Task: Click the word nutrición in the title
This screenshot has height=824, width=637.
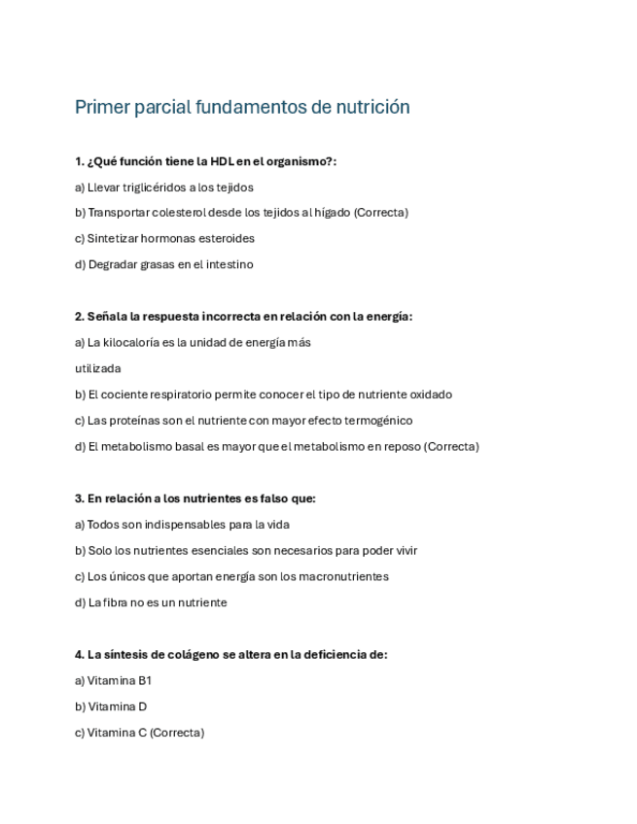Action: pyautogui.click(x=372, y=107)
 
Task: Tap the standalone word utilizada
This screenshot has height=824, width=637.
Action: pyautogui.click(x=98, y=369)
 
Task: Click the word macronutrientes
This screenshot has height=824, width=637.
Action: pyautogui.click(x=344, y=577)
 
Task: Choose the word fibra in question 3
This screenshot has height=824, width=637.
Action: pyautogui.click(x=115, y=603)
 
